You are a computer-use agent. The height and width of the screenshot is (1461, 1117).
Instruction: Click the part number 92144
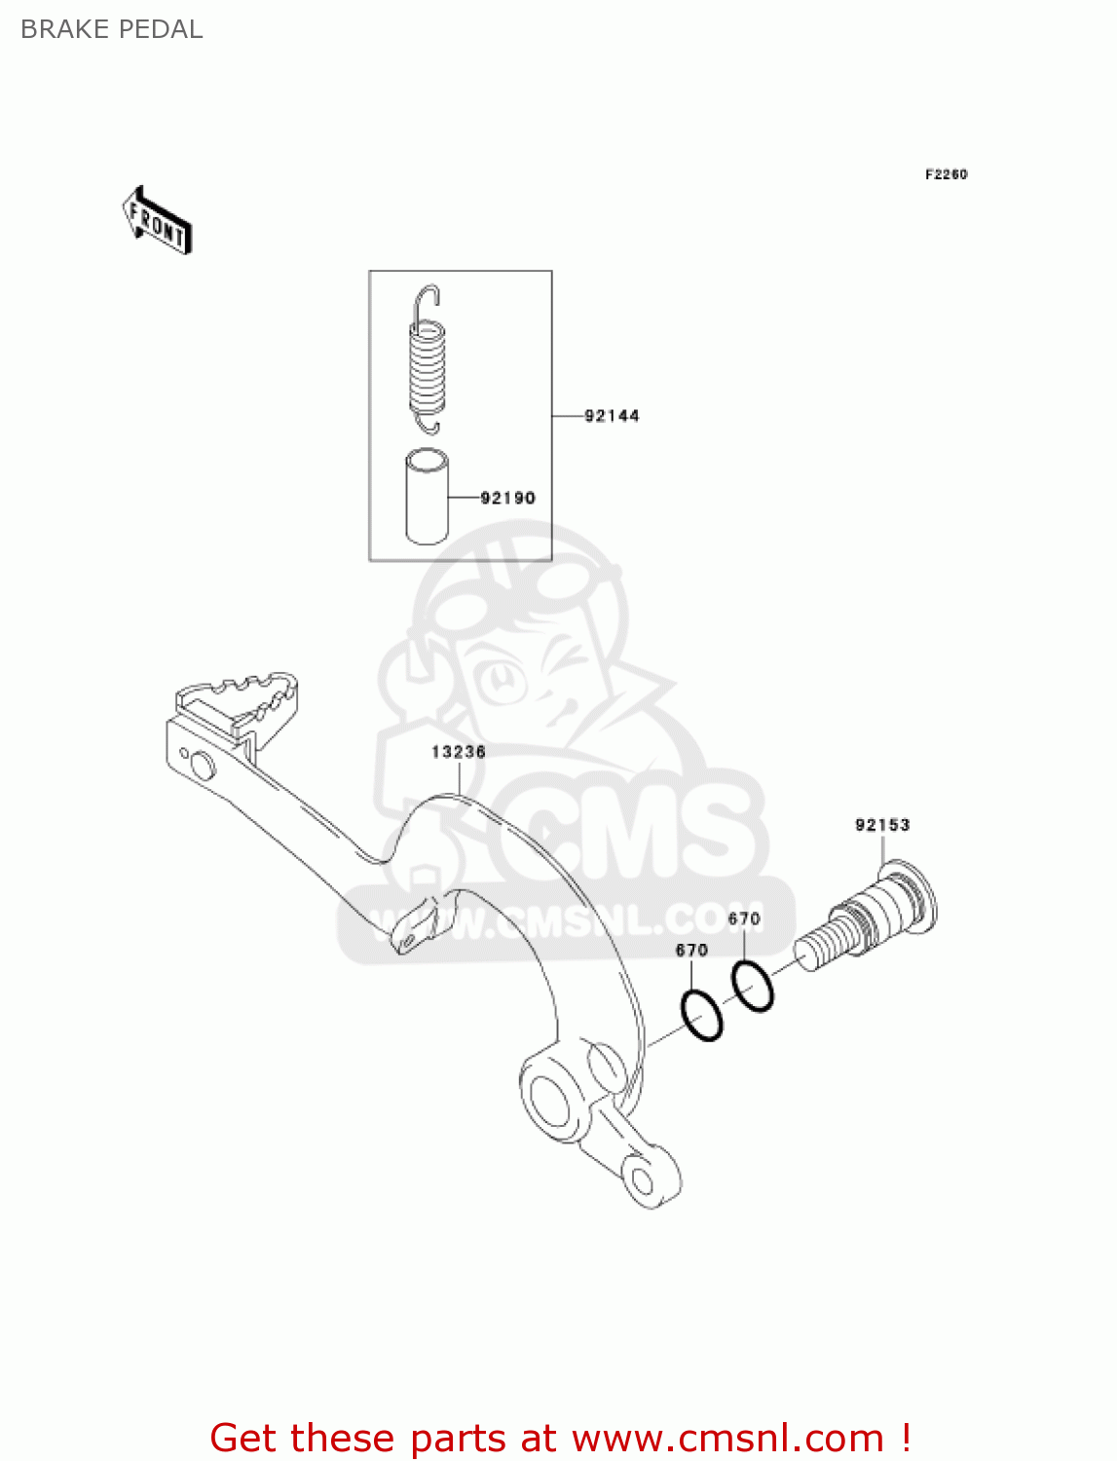(x=612, y=416)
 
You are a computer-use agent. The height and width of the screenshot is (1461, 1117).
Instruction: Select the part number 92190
(x=507, y=498)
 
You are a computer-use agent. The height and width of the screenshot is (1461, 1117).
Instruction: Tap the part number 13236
(x=459, y=752)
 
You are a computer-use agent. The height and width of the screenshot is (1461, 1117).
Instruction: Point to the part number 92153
(x=882, y=825)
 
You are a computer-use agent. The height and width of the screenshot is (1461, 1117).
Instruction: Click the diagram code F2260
(x=946, y=174)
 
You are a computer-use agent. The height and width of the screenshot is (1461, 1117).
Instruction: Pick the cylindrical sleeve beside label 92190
(x=427, y=496)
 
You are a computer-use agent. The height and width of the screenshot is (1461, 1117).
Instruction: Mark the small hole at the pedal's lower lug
(x=643, y=1181)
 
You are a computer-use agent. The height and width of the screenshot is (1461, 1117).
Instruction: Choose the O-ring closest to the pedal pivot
(x=701, y=1016)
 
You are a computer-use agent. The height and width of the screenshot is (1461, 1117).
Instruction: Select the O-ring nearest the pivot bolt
(x=752, y=986)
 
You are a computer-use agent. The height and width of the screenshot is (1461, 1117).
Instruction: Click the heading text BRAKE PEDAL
(x=111, y=29)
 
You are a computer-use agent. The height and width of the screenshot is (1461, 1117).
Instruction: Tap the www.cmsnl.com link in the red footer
(x=726, y=1438)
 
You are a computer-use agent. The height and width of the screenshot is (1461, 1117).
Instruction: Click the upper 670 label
(x=744, y=918)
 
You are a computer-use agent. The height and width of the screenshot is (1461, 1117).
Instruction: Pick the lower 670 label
(x=691, y=950)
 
